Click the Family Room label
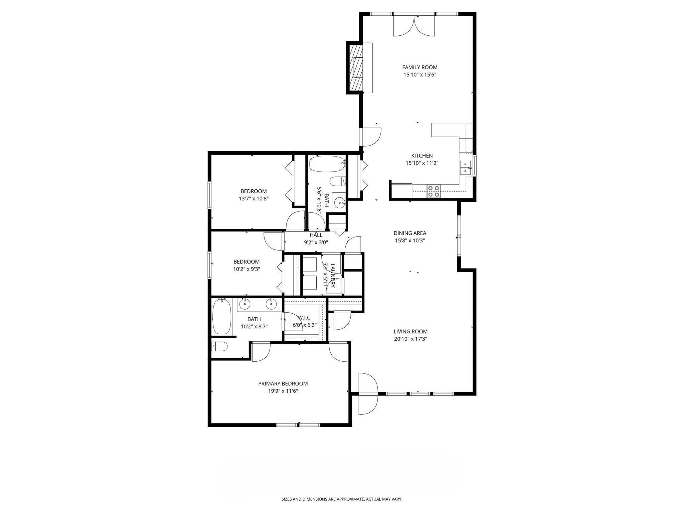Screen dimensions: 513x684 pos(419,67)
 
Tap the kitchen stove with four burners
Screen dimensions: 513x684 pos(434,191)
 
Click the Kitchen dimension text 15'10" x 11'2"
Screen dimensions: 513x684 pos(421,163)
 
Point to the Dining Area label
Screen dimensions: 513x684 pos(409,233)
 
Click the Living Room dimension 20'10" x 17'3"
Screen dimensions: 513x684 pos(410,339)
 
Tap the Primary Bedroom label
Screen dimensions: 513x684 pos(283,384)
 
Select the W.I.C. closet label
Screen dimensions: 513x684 pos(304,318)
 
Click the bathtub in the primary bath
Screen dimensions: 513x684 pos(222,317)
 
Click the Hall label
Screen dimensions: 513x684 pos(316,235)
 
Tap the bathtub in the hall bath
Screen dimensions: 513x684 pos(327,164)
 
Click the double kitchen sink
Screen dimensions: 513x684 pos(465,168)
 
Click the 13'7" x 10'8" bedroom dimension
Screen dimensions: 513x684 pos(253,199)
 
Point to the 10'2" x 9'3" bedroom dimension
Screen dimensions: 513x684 pos(246,269)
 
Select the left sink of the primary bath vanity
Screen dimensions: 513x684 pos(245,304)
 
